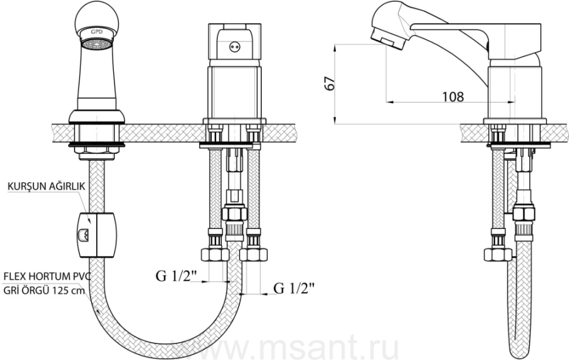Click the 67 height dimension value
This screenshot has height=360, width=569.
pyautogui.click(x=330, y=84)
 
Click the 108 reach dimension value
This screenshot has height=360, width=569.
pyautogui.click(x=453, y=97)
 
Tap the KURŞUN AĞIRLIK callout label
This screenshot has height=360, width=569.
pyautogui.click(x=46, y=186)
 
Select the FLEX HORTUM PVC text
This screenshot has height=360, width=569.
pyautogui.click(x=46, y=277)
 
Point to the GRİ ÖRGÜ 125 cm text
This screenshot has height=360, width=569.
pyautogui.click(x=44, y=290)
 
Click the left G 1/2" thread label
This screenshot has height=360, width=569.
pyautogui.click(x=176, y=276)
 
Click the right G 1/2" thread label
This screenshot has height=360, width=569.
pyautogui.click(x=294, y=289)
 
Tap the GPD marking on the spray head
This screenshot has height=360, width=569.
pyautogui.click(x=97, y=32)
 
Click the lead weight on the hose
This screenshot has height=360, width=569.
pyautogui.click(x=97, y=235)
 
